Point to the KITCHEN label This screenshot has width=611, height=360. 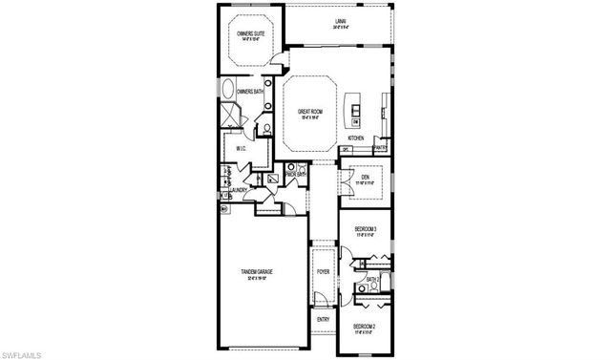356,138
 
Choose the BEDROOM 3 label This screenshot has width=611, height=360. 366,229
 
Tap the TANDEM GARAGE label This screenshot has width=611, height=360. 258,272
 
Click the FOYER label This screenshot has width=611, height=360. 323,270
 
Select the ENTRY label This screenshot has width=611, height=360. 323,319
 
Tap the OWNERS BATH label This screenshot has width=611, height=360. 237,92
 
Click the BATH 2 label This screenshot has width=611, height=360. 372,279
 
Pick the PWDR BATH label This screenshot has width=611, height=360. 295,174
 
